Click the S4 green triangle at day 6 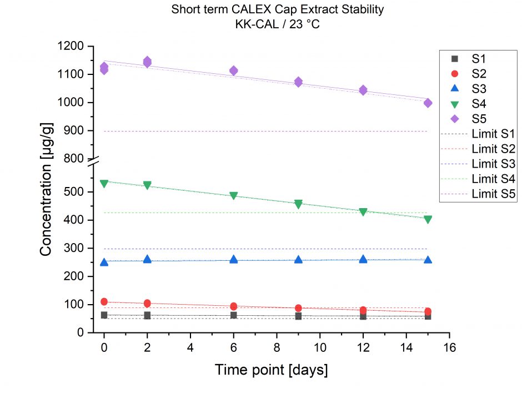point(233,196)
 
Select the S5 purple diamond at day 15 point(428,103)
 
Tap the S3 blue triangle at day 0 point(104,262)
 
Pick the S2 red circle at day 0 point(104,302)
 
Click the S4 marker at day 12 point(363,212)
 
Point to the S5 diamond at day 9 point(298,82)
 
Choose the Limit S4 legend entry point(493,179)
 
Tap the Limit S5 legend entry point(493,194)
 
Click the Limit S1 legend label point(493,134)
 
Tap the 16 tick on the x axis point(449,347)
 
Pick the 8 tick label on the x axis point(277,347)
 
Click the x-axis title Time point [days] point(271,370)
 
